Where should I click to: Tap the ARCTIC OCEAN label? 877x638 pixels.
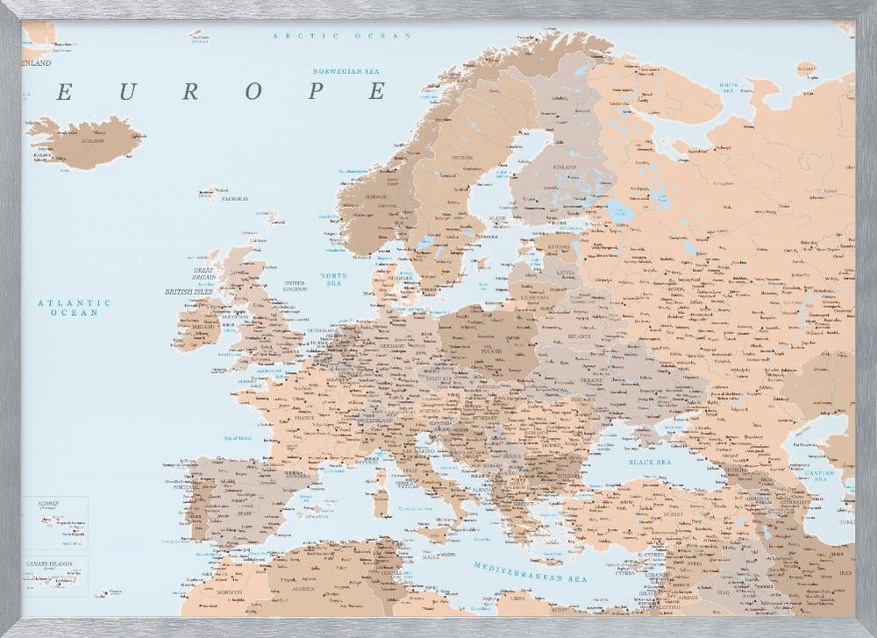pos(341,35)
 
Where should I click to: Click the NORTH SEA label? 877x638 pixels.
pos(334,279)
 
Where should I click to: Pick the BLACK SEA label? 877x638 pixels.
pos(649,461)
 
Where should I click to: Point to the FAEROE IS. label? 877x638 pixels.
pos(234,199)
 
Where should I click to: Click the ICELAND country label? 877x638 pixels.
pos(92,140)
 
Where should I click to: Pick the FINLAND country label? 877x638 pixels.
pos(540,167)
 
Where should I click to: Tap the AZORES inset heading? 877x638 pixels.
pos(48,503)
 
